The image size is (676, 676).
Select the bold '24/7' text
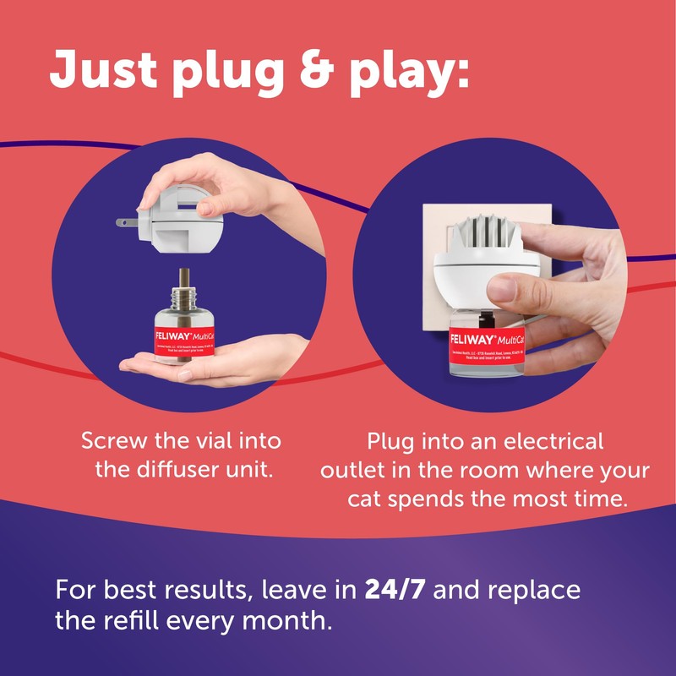pos(401,589)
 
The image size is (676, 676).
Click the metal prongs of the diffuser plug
pos(127,222)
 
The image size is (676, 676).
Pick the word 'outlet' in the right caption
pos(352,470)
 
